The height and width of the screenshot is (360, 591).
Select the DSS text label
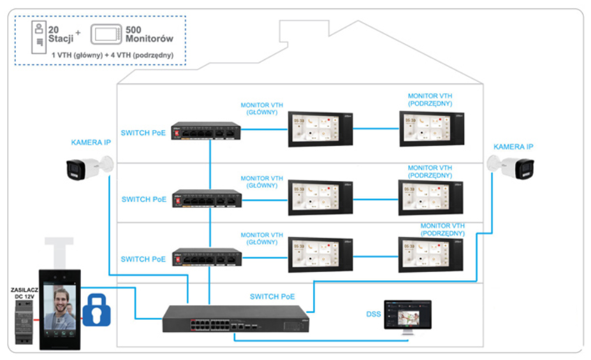pos(374,314)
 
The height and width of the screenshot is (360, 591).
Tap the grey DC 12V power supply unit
pos(24,321)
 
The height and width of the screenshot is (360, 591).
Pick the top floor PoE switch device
pos(206,131)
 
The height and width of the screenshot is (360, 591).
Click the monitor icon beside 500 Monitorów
pos(106,34)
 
